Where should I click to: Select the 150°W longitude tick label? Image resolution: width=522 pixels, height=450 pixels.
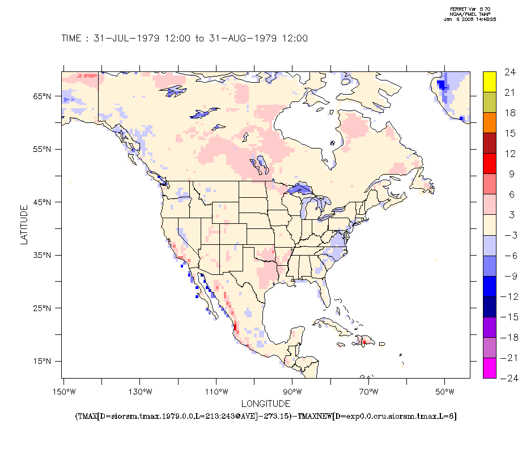63,392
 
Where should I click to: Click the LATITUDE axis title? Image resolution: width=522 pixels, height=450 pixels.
24,225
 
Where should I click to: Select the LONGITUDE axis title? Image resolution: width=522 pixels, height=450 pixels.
266,404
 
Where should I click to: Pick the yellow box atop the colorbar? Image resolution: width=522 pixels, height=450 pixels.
490,82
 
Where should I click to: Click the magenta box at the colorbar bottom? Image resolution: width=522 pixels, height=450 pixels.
490,368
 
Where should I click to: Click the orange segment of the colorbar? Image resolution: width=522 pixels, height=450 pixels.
490,122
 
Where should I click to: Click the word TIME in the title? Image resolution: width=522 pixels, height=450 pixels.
72,39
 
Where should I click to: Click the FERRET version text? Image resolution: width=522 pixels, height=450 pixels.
470,9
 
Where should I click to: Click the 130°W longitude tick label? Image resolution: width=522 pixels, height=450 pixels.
140,392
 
